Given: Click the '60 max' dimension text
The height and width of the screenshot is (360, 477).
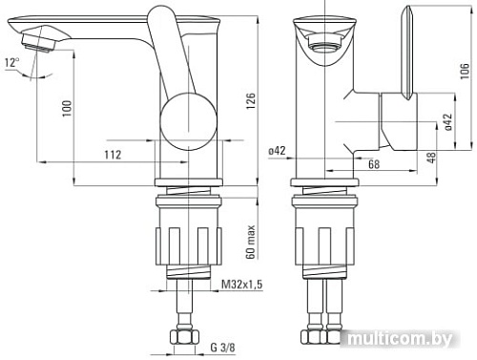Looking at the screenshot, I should tap(250, 241).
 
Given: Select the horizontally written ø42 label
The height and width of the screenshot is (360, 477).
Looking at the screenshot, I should tap(278, 152).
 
